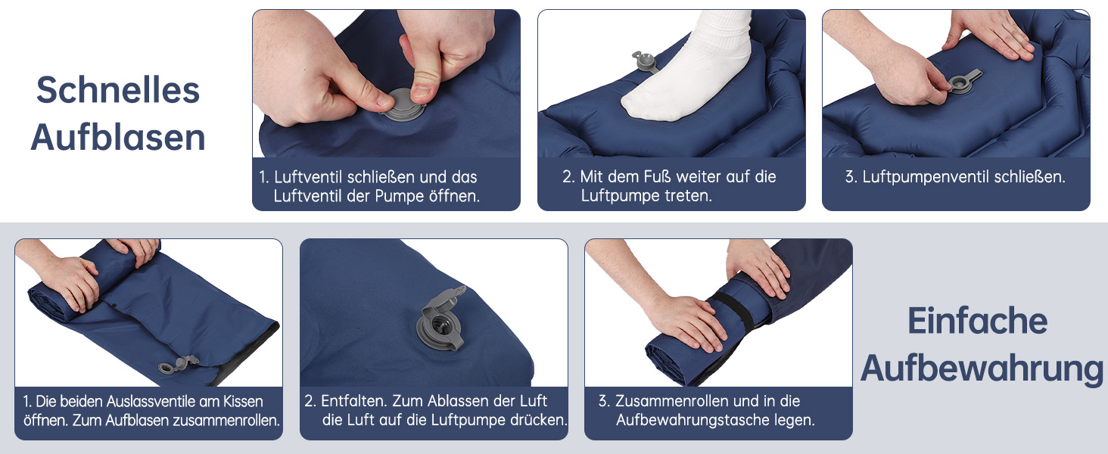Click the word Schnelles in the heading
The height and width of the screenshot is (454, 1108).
(118, 91)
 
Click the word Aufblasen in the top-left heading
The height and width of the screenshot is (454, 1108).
(118, 138)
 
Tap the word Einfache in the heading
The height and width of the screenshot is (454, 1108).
(977, 321)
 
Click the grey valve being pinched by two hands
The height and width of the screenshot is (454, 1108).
(403, 105)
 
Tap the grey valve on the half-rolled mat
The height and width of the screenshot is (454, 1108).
(178, 365)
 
